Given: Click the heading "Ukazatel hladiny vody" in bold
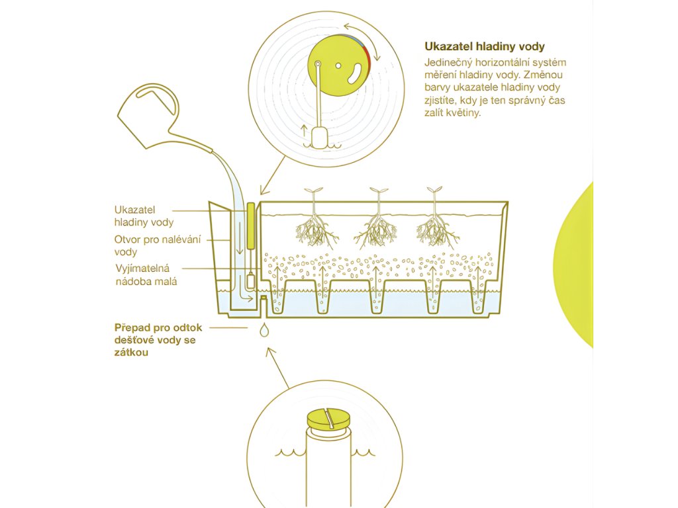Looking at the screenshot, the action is tap(484, 46).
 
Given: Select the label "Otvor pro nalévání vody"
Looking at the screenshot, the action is tap(158, 245).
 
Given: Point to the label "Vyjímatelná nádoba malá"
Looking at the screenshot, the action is tap(146, 275).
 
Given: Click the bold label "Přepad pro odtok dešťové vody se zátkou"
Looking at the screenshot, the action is tap(158, 340).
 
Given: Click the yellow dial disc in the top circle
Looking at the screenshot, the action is tap(339, 65).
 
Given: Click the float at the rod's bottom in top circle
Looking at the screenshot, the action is tap(320, 138).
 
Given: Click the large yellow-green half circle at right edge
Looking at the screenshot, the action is tap(573, 265).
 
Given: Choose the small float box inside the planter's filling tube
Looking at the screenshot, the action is tap(251, 282).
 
